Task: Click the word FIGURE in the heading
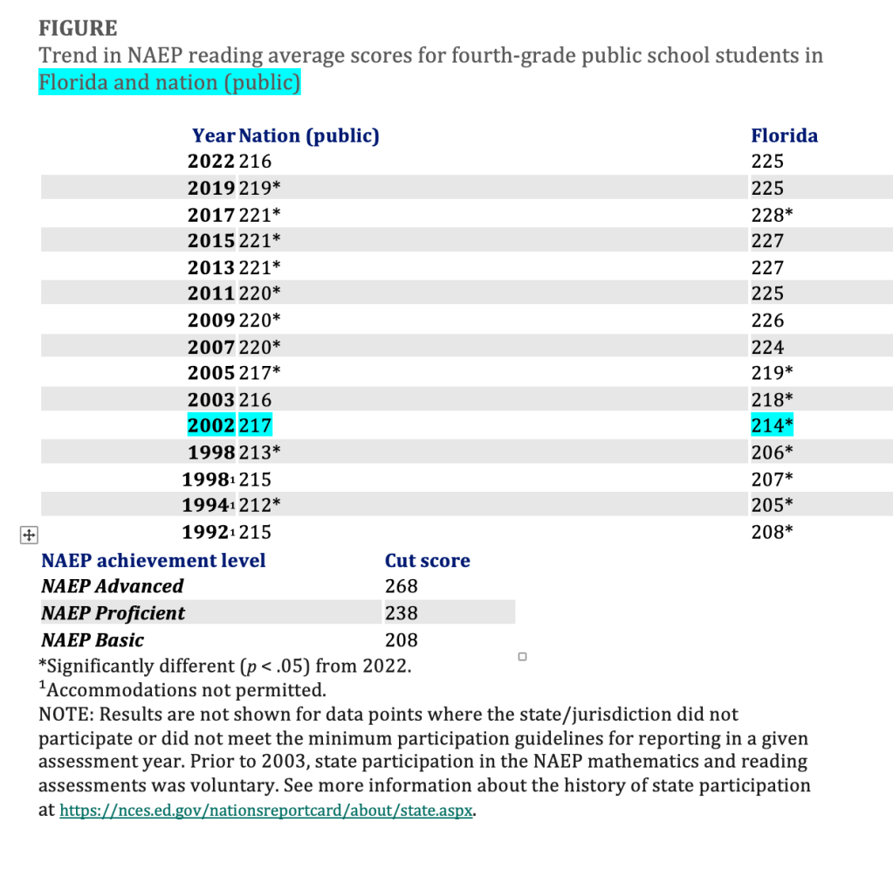pyautogui.click(x=78, y=29)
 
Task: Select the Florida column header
pyautogui.click(x=784, y=135)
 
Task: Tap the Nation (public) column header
pyautogui.click(x=309, y=135)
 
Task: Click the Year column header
pyautogui.click(x=214, y=135)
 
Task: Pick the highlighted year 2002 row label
pyautogui.click(x=211, y=426)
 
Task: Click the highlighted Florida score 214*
pyautogui.click(x=772, y=426)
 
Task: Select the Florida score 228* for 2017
pyautogui.click(x=772, y=215)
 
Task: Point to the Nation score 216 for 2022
pyautogui.click(x=255, y=162)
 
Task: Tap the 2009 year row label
pyautogui.click(x=211, y=321)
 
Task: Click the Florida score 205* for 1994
pyautogui.click(x=772, y=505)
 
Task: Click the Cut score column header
pyautogui.click(x=427, y=561)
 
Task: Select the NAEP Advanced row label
pyautogui.click(x=113, y=586)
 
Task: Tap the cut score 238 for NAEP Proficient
pyautogui.click(x=401, y=613)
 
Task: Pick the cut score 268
pyautogui.click(x=401, y=586)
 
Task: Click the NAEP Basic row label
pyautogui.click(x=93, y=640)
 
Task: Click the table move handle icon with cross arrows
pyautogui.click(x=27, y=535)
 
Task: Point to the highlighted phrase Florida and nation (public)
pyautogui.click(x=169, y=83)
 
